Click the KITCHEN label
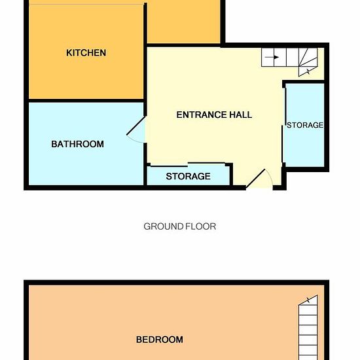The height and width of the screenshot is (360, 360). [x=86, y=53]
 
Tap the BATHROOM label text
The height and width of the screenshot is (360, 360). [x=78, y=144]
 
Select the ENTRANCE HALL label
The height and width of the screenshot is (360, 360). [x=214, y=115]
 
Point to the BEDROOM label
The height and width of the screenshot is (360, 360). [x=160, y=340]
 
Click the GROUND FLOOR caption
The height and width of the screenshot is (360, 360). [x=180, y=226]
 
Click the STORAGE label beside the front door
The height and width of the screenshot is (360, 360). [x=188, y=176]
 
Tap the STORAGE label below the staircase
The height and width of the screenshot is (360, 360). [x=305, y=125]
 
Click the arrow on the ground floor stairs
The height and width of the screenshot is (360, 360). [x=272, y=57]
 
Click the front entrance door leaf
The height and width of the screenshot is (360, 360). [x=255, y=179]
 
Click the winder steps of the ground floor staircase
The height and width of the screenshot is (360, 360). [x=308, y=62]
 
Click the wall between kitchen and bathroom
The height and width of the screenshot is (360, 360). [x=86, y=101]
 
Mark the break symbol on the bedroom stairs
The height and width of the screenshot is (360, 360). [x=308, y=300]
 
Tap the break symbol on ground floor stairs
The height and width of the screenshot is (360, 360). [x=308, y=71]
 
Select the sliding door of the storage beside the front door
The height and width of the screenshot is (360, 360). [x=188, y=164]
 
